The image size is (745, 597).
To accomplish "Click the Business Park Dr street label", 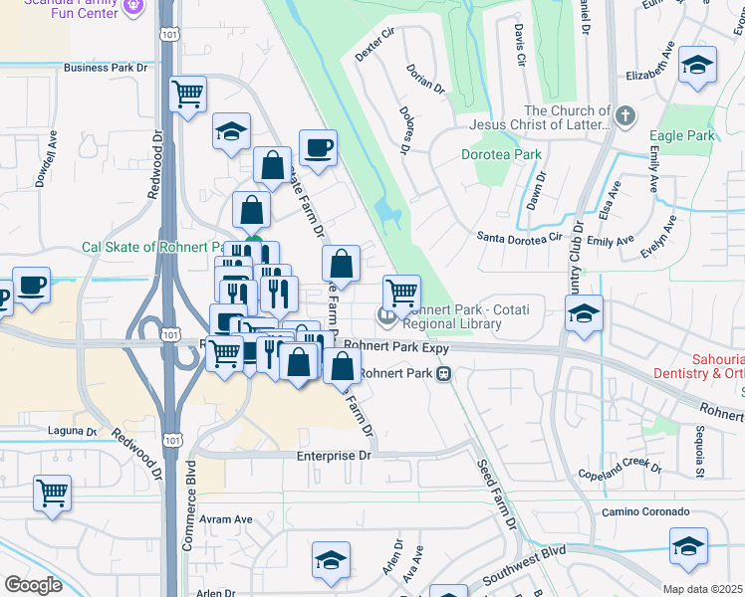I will tap(105, 69).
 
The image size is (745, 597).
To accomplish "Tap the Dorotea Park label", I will tap(501, 154).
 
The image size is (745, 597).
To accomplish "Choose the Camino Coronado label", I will tap(645, 511).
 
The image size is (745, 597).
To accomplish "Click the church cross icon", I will tap(625, 116).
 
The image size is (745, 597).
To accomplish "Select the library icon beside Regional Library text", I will tap(385, 317).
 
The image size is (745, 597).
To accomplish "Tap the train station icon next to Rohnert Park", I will tap(443, 374).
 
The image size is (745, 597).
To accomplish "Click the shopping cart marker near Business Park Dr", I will tap(188, 95).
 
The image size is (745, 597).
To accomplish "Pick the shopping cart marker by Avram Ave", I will tap(52, 492).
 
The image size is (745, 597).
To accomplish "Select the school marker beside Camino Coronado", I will tap(688, 545).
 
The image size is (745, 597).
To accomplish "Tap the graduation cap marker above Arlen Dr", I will tap(331, 560).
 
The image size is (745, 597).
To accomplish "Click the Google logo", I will tap(33, 584).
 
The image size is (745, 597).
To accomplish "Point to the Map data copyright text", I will tap(701, 589).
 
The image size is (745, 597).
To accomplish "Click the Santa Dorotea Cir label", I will tap(517, 238).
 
